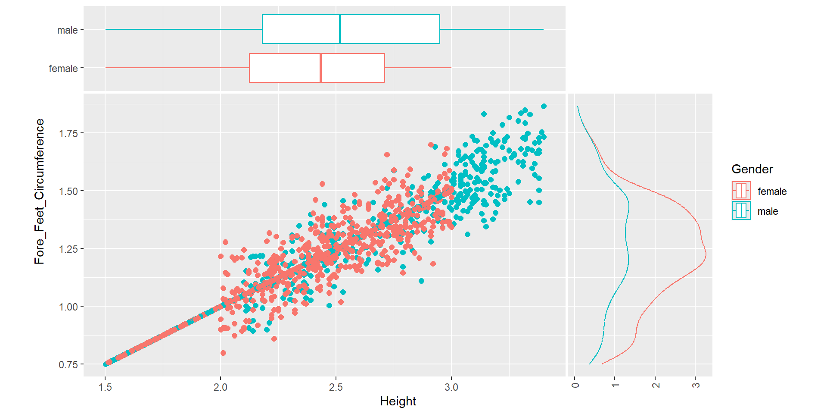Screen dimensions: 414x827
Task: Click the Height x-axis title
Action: pyautogui.click(x=398, y=401)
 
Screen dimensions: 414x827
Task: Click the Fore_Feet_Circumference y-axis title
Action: pyautogui.click(x=40, y=191)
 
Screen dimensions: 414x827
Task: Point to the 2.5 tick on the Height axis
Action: pyautogui.click(x=336, y=387)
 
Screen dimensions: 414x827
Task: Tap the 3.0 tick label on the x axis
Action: pyautogui.click(x=451, y=387)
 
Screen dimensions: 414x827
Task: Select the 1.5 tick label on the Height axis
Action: pyautogui.click(x=105, y=387)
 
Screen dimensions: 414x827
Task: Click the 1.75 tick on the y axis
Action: pyautogui.click(x=68, y=133)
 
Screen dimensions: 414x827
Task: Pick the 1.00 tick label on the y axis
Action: pyautogui.click(x=68, y=307)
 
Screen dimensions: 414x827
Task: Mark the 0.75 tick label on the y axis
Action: pyautogui.click(x=68, y=365)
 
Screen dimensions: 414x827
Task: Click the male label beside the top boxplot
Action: pyautogui.click(x=68, y=30)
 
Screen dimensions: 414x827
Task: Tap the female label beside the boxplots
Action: pyautogui.click(x=63, y=69)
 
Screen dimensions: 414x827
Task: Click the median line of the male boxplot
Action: pyautogui.click(x=340, y=29)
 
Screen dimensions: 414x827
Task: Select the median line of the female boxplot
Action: pyautogui.click(x=320, y=68)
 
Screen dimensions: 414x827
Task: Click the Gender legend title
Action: pyautogui.click(x=752, y=169)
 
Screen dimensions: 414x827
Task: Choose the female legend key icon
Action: pyautogui.click(x=741, y=191)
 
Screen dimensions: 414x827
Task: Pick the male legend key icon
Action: pyautogui.click(x=741, y=211)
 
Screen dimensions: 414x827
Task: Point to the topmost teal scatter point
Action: pyautogui.click(x=544, y=106)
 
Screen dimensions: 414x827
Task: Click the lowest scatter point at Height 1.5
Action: pyautogui.click(x=106, y=364)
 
